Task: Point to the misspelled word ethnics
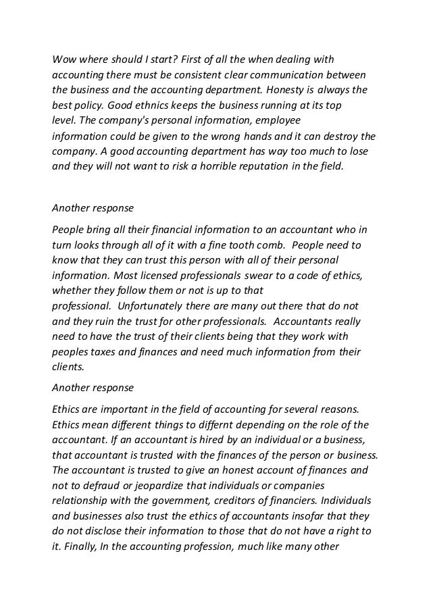(129, 105)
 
